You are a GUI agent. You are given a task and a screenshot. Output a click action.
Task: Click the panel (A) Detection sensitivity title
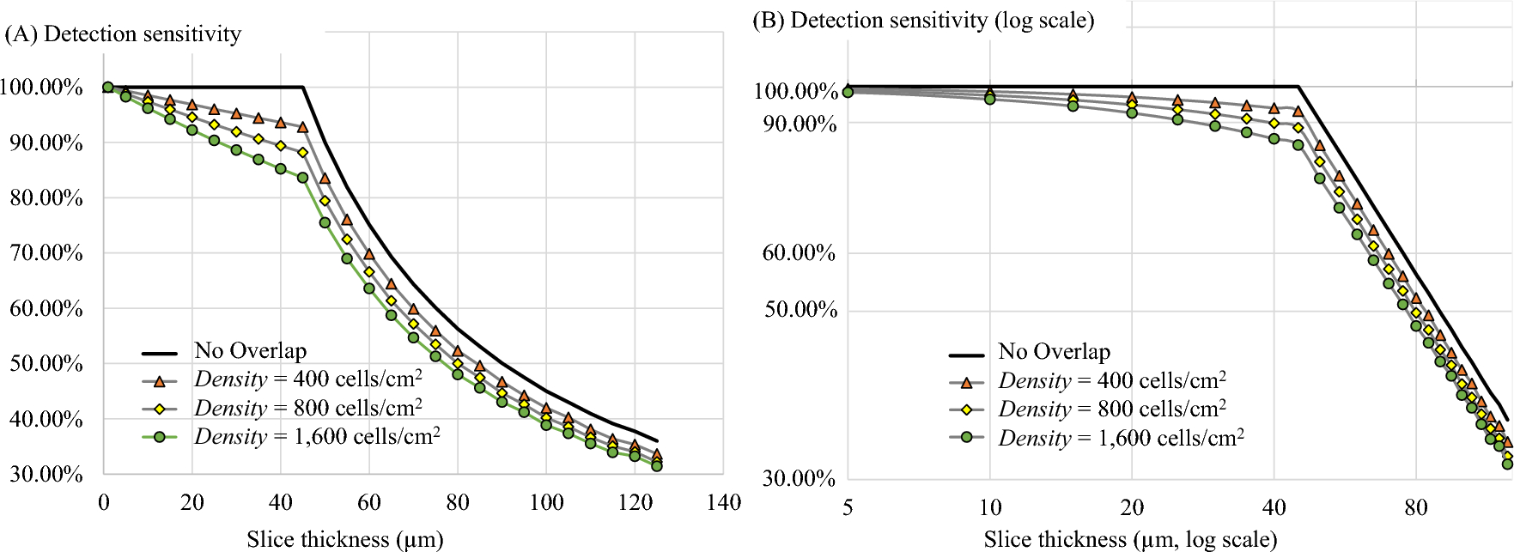pyautogui.click(x=123, y=34)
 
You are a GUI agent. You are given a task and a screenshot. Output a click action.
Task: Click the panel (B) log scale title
pyautogui.click(x=923, y=21)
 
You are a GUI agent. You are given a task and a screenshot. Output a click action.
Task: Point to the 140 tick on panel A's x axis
pyautogui.click(x=723, y=503)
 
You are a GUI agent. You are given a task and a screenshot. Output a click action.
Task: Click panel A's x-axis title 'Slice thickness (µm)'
pyautogui.click(x=344, y=539)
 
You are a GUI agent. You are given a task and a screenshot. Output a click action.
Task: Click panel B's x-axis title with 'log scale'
pyautogui.click(x=1130, y=539)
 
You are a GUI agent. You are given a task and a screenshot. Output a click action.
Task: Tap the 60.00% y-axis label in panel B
pyautogui.click(x=799, y=253)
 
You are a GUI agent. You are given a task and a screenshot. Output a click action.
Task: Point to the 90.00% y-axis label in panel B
pyautogui.click(x=800, y=124)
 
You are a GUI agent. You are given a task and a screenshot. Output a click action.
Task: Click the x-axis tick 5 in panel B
pyautogui.click(x=848, y=507)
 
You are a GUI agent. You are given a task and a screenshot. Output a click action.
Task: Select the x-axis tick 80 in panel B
pyautogui.click(x=1416, y=507)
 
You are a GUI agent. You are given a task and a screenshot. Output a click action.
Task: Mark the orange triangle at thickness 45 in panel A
pyautogui.click(x=302, y=127)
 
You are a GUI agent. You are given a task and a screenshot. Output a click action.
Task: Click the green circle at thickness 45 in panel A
pyautogui.click(x=302, y=178)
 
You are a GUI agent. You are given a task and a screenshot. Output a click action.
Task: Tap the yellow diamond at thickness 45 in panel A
pyautogui.click(x=302, y=153)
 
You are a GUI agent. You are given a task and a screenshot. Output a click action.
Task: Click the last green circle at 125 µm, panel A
pyautogui.click(x=657, y=465)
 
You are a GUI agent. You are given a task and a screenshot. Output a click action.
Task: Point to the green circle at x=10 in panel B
pyautogui.click(x=989, y=100)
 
